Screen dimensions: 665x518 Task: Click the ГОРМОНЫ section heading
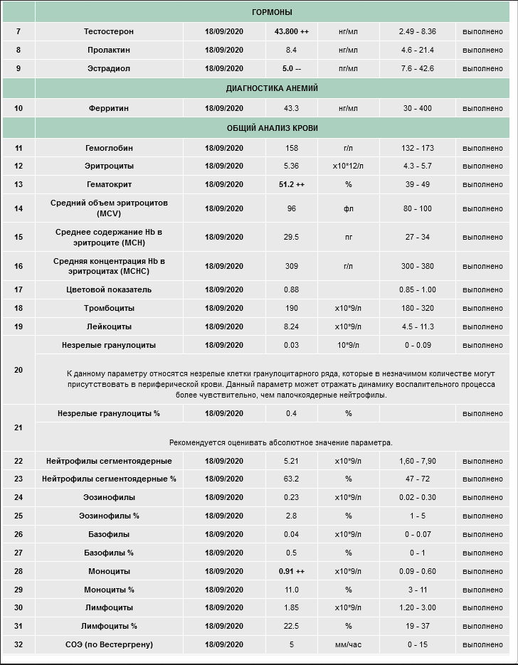(x=272, y=12)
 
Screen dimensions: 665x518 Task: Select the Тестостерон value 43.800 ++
(x=291, y=32)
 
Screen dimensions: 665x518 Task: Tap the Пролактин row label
(x=108, y=50)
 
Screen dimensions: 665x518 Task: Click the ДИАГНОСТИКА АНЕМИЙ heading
(x=272, y=88)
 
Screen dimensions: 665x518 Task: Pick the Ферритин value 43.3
(x=291, y=108)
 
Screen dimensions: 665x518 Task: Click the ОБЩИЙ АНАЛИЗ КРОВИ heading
(x=272, y=128)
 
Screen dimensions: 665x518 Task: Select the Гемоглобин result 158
(x=291, y=148)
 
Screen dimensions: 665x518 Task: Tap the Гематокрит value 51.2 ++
(x=291, y=184)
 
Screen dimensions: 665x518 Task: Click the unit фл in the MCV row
(x=348, y=209)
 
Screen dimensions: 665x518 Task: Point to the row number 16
(x=18, y=266)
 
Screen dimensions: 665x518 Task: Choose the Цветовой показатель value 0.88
(x=291, y=289)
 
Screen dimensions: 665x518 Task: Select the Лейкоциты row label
(x=108, y=326)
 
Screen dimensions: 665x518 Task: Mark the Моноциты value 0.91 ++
(x=291, y=571)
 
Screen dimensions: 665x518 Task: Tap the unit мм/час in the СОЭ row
(x=348, y=645)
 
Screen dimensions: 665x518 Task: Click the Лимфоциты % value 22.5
(x=291, y=627)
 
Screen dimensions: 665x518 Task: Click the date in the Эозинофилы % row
(x=224, y=516)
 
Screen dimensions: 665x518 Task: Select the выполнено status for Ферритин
(x=482, y=108)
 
